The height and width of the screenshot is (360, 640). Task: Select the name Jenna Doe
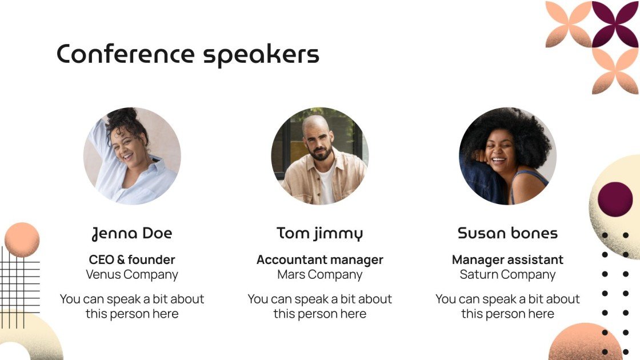tap(132, 233)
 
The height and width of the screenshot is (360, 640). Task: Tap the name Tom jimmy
tap(319, 233)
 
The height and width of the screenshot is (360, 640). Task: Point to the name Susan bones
tap(507, 233)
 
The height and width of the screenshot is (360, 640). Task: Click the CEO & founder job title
tap(132, 260)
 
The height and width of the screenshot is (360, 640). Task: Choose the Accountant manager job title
tap(319, 260)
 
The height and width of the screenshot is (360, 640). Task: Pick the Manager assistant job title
tap(507, 260)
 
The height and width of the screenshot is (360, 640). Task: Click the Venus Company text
tap(132, 275)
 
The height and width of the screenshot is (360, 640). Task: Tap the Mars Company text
tap(319, 275)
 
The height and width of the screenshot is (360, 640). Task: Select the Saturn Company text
tap(507, 275)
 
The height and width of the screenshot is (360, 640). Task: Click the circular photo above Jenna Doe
tap(132, 156)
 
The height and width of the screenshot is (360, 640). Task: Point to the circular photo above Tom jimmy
tap(319, 156)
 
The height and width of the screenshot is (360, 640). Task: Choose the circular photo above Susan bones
tap(507, 156)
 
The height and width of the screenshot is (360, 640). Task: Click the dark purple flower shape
tap(615, 25)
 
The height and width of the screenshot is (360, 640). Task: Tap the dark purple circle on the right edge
tap(615, 199)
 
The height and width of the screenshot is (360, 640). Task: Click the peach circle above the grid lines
tap(22, 239)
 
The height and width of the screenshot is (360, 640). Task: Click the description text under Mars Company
tap(319, 306)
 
